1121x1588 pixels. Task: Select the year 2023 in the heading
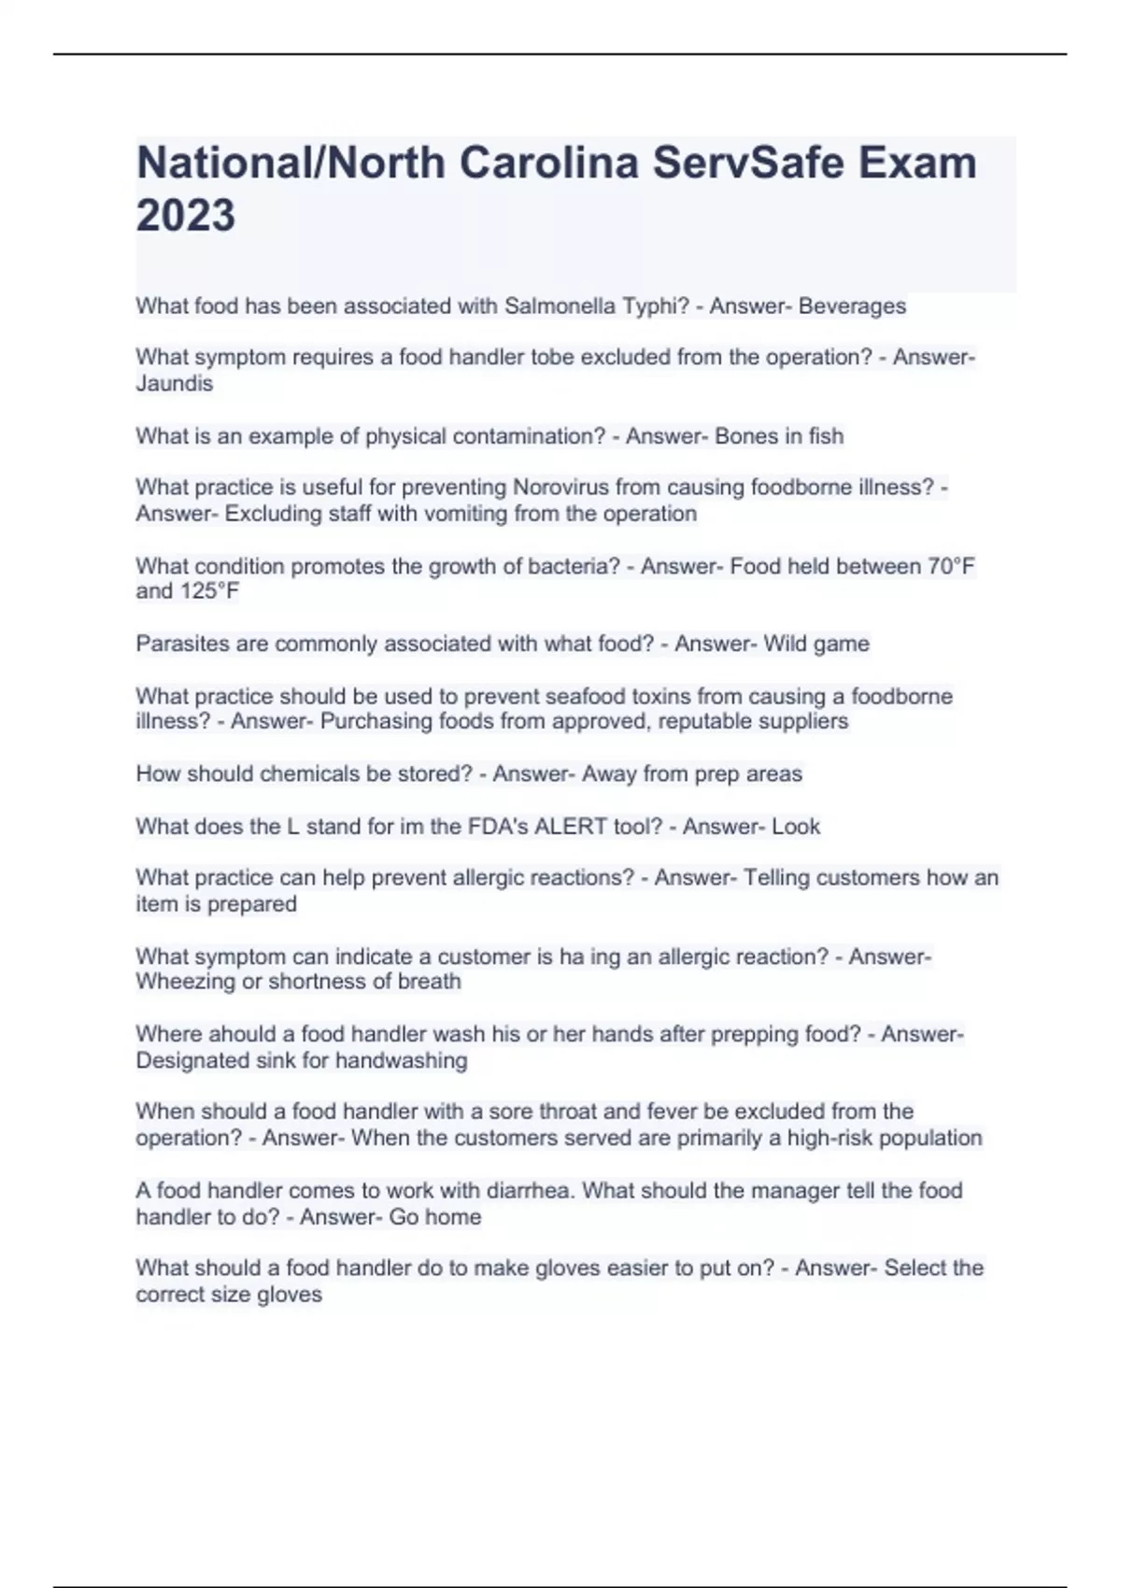coord(186,216)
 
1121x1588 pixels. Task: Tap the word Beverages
coord(852,306)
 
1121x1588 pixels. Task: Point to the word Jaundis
coord(175,384)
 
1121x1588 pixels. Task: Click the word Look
coord(796,827)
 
